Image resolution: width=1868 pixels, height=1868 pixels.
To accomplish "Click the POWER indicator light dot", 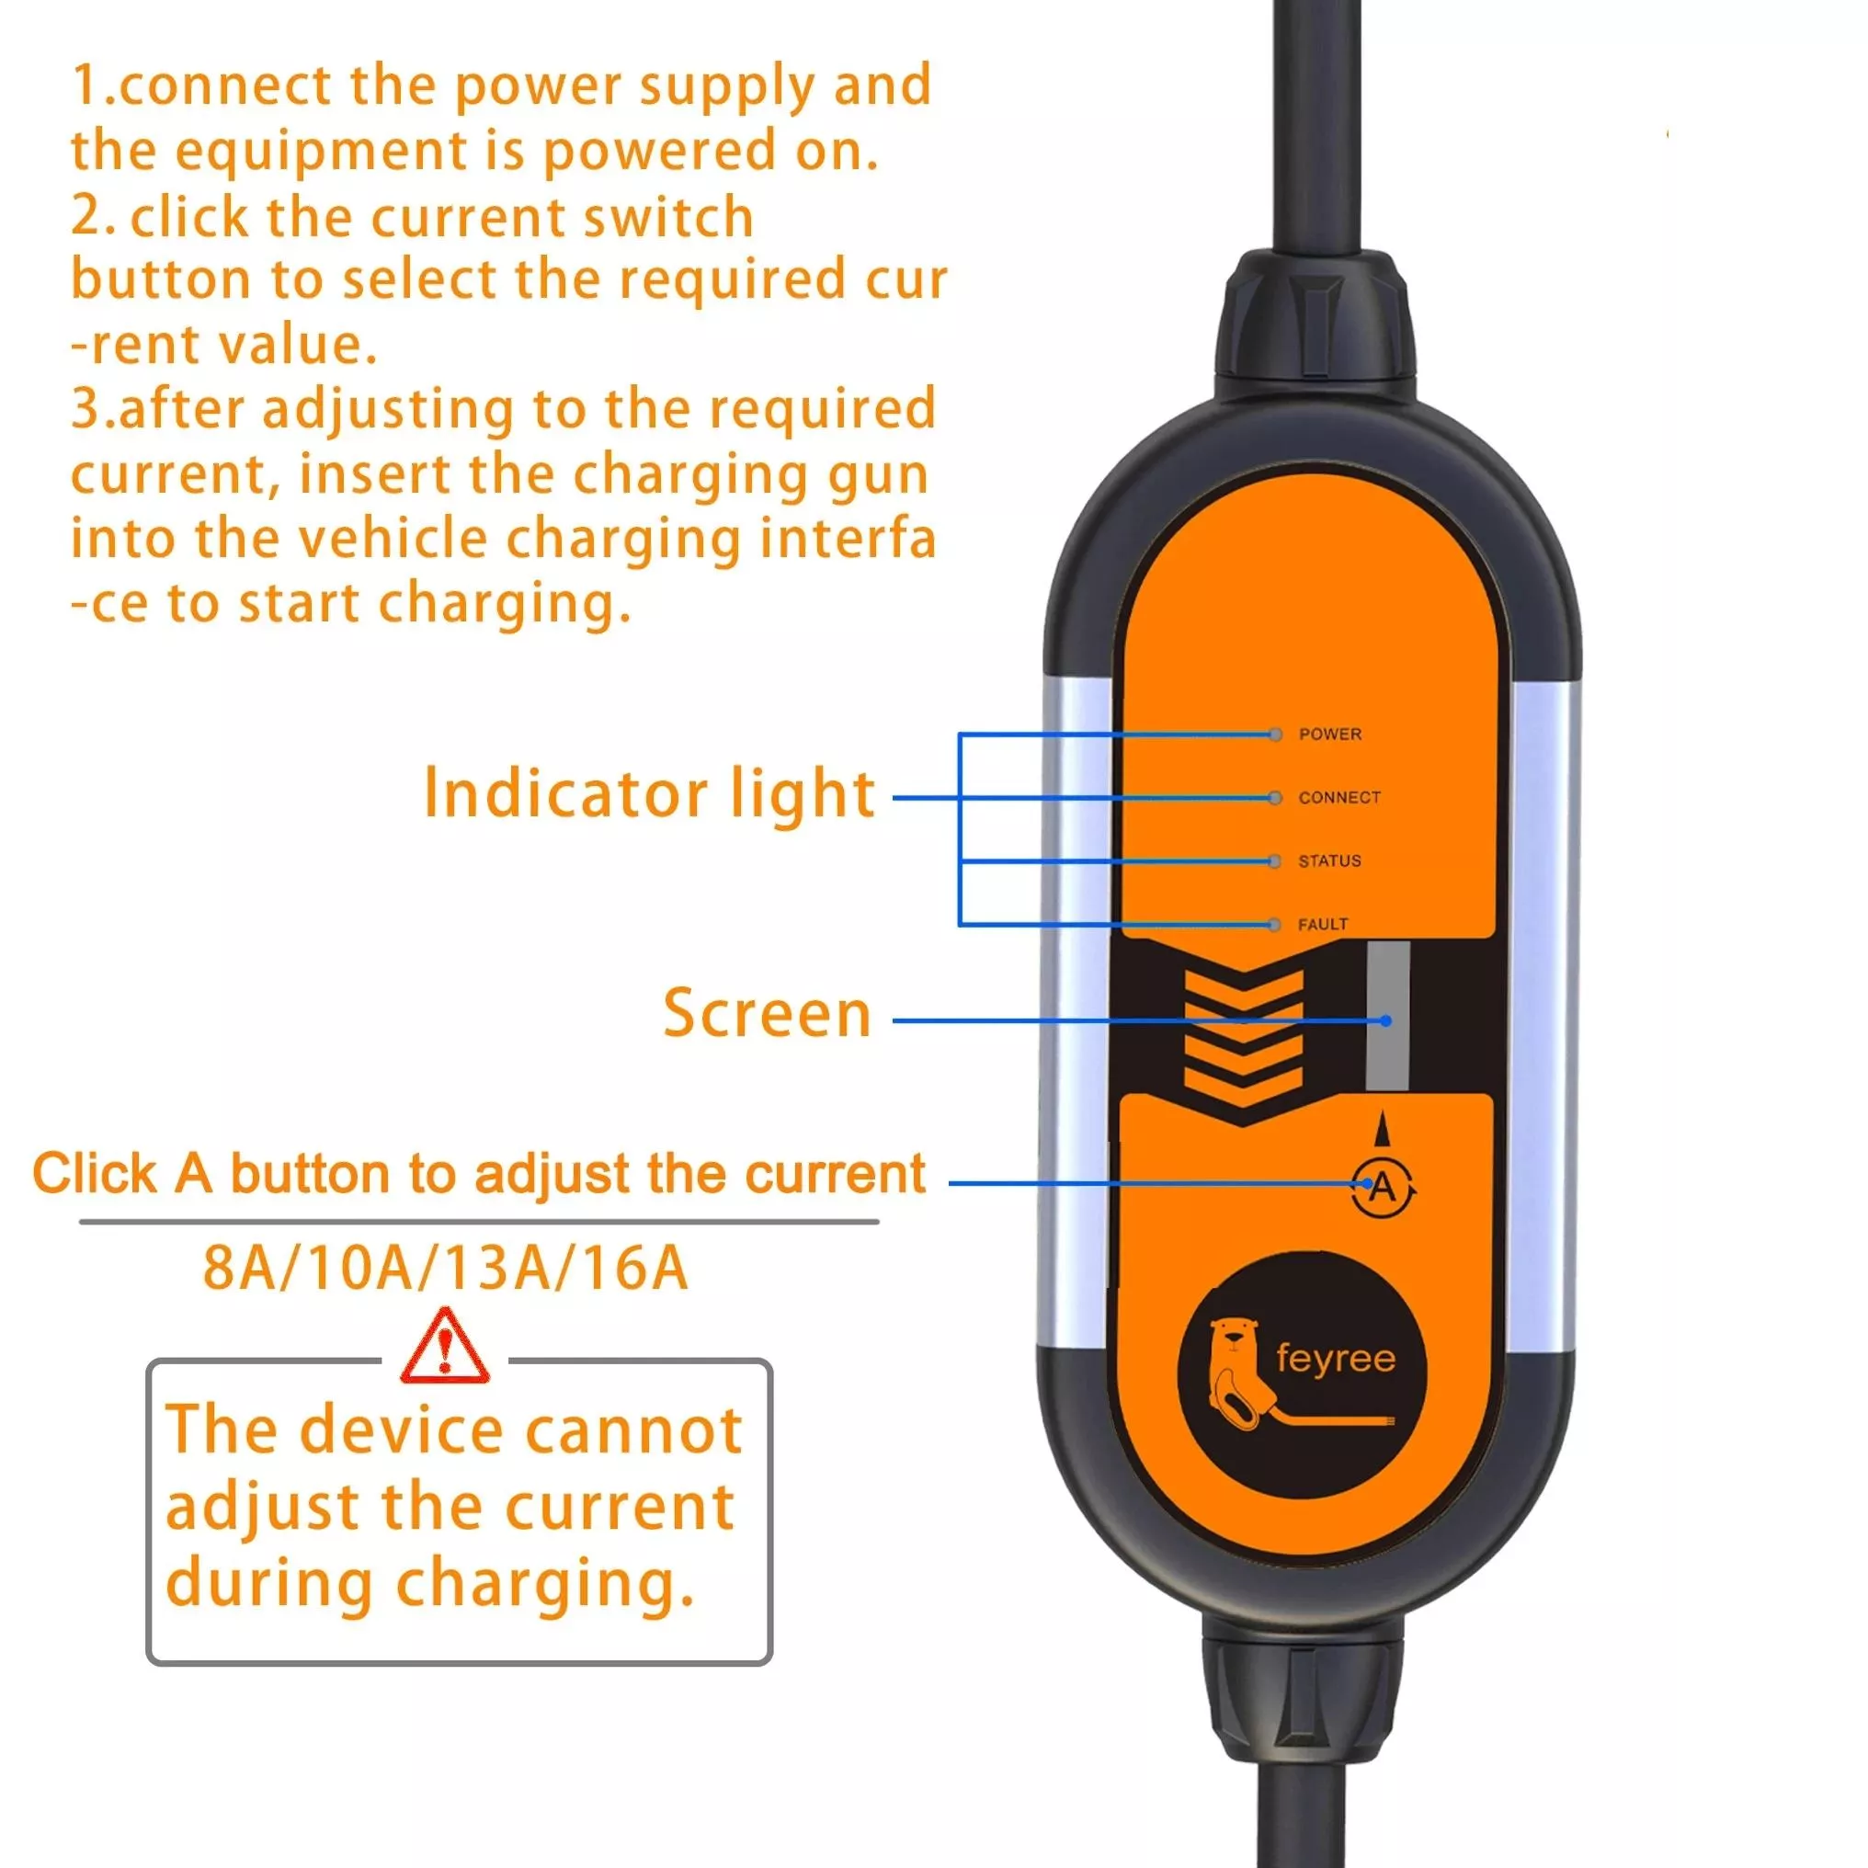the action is coord(1275,735).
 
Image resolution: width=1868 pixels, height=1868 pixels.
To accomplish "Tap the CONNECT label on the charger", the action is coord(1339,798).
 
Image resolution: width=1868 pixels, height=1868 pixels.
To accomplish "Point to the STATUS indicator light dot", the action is coord(1275,861).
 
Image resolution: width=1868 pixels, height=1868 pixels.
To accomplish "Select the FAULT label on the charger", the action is coord(1323,924).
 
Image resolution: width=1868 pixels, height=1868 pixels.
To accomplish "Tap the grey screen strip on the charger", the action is coord(1387,1015).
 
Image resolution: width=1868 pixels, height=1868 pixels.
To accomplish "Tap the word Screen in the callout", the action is coord(767,1013).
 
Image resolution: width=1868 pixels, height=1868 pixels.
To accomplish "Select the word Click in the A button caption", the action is coord(94,1174).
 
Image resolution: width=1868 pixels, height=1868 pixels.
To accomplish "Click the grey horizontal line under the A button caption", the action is coord(480,1222).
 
